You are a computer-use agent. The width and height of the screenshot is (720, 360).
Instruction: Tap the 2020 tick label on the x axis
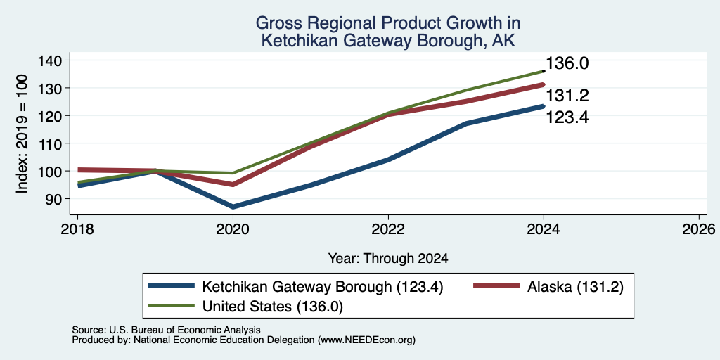pos(233,229)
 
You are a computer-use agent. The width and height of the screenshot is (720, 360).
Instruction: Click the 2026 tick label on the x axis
pos(699,229)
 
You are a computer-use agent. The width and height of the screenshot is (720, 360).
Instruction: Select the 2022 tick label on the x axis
pos(388,229)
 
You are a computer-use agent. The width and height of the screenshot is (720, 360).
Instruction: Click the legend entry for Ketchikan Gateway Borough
pos(322,288)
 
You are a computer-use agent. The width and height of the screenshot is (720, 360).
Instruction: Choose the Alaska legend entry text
pos(575,288)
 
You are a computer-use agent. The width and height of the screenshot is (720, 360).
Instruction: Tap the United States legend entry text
pos(272,307)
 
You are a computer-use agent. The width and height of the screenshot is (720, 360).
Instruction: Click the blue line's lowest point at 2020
pos(233,207)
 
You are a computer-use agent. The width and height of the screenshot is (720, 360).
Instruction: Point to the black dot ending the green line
pos(544,71)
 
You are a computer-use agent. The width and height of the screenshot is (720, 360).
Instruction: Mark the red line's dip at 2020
pos(233,185)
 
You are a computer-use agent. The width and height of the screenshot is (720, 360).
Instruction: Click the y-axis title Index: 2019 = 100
pos(22,134)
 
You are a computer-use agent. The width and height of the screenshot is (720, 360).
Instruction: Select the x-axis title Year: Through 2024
pos(388,259)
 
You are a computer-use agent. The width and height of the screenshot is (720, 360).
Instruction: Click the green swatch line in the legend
pos(171,305)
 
